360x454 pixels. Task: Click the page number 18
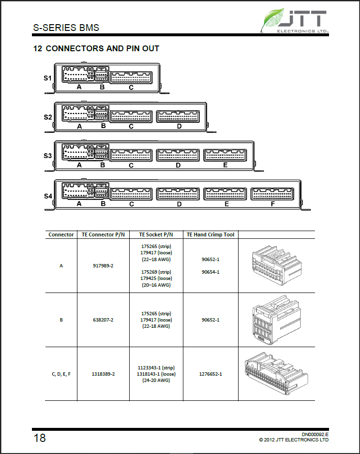coord(40,438)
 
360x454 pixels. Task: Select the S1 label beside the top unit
coord(47,77)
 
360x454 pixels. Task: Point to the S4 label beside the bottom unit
coord(48,196)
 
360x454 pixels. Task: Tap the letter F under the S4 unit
coord(273,204)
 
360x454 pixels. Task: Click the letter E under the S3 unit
coord(225,165)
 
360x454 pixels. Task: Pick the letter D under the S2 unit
coord(179,126)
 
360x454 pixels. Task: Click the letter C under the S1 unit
coord(131,88)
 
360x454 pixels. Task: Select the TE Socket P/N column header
coord(156,234)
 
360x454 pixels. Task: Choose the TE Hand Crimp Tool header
coord(210,234)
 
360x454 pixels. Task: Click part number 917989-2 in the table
coord(103,265)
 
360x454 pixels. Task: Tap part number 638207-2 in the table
coord(103,320)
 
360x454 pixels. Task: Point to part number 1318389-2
coord(103,374)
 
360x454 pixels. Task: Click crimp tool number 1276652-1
coord(210,374)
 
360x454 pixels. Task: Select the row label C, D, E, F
coord(61,374)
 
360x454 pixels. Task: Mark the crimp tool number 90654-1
coord(210,272)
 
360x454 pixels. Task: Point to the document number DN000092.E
coord(315,434)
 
